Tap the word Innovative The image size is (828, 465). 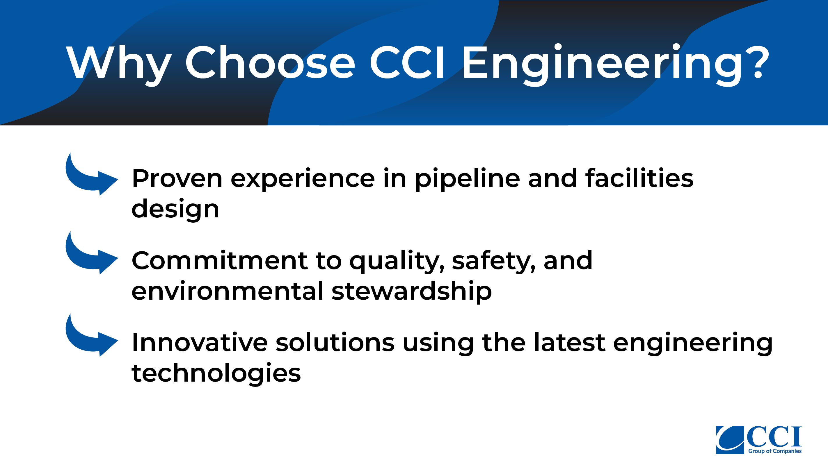pyautogui.click(x=200, y=343)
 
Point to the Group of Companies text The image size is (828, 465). pyautogui.click(x=775, y=451)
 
